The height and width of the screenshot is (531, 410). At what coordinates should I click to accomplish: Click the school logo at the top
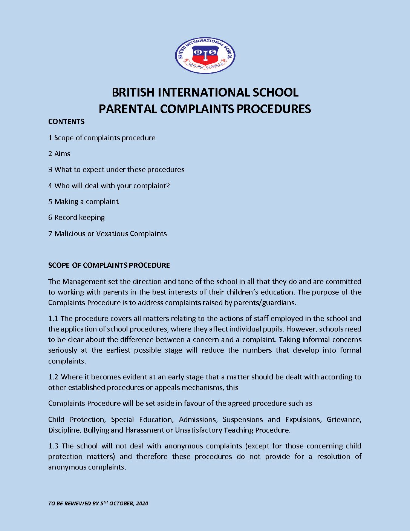tap(205, 55)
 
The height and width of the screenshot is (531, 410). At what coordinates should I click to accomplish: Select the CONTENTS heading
tap(66, 121)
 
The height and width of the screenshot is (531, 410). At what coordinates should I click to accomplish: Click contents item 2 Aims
tap(59, 153)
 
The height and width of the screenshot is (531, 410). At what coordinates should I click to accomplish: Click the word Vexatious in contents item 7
tap(112, 233)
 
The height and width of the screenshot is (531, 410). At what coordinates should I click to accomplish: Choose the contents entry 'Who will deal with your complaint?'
tap(109, 186)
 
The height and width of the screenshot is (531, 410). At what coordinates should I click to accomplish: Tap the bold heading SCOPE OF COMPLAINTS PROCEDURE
tap(109, 265)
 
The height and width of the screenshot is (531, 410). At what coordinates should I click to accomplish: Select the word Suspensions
tap(243, 419)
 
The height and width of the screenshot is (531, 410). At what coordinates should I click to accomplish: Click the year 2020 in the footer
tap(142, 503)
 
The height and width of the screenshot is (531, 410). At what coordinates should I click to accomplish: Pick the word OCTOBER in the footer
tap(121, 503)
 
